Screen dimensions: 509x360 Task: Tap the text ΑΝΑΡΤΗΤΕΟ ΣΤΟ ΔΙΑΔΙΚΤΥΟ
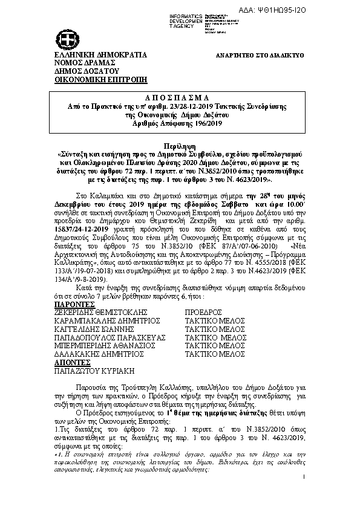tap(260, 55)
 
